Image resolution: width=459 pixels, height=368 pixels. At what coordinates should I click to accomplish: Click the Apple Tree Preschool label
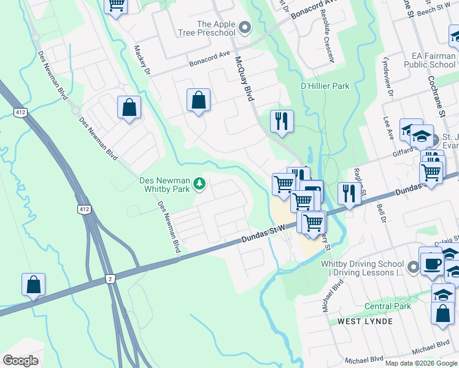click(x=216, y=28)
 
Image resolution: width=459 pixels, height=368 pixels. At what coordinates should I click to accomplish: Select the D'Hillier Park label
click(x=325, y=86)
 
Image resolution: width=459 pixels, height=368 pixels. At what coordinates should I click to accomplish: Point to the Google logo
click(x=20, y=360)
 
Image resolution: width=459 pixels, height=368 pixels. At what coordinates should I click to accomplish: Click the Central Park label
click(x=387, y=306)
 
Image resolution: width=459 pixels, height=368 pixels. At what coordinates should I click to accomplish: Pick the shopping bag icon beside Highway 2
click(x=34, y=285)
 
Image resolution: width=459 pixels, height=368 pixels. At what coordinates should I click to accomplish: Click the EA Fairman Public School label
click(x=434, y=60)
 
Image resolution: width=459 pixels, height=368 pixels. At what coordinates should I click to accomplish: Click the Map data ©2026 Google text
click(x=421, y=363)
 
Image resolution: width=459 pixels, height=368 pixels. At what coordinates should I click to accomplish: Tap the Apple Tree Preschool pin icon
click(x=245, y=27)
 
